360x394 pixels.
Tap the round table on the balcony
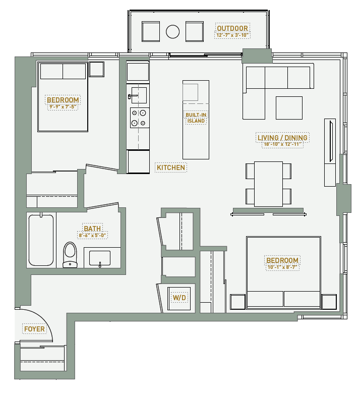coord(173,32)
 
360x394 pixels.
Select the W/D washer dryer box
coord(179,298)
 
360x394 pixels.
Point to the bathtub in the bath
coord(41,240)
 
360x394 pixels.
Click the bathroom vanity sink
coord(100,258)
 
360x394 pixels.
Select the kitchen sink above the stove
coord(137,94)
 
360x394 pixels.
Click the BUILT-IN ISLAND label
coord(196,118)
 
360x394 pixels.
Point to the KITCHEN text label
coord(171,167)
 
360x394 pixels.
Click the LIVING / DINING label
coord(282,138)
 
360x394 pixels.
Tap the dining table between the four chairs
coord(268,183)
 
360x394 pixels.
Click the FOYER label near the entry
coord(34,329)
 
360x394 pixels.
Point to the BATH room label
coord(92,229)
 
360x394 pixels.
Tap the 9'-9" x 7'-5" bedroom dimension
coord(63,107)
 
